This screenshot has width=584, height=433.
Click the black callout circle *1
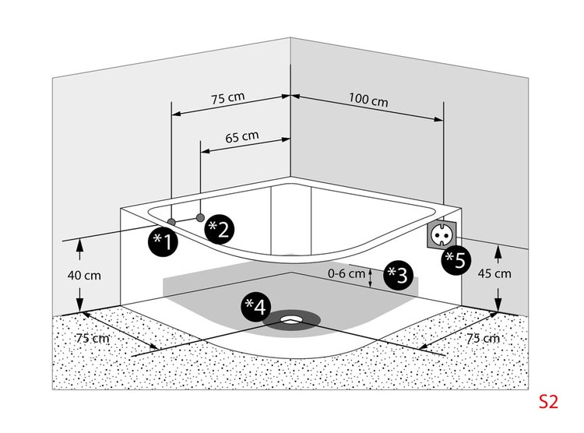(164, 241)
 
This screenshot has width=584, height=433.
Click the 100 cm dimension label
(368, 101)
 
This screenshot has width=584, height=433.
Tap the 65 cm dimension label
(241, 136)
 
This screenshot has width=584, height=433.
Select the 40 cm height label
(85, 275)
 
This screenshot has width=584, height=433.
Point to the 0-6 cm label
(347, 273)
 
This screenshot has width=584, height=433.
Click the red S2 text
(548, 402)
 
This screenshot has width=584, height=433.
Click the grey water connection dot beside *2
(201, 216)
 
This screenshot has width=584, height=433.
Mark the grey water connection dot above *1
(171, 222)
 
